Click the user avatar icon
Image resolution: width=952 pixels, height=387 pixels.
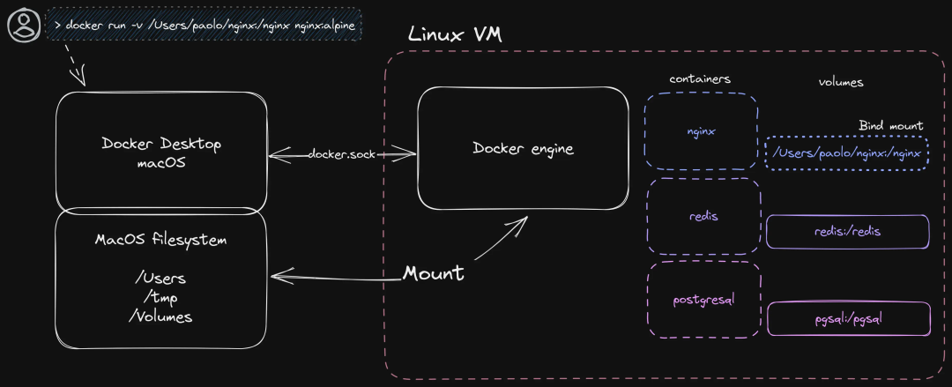pyautogui.click(x=25, y=25)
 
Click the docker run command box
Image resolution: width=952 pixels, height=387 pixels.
pyautogui.click(x=204, y=25)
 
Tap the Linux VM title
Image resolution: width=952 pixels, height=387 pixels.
pyautogui.click(x=455, y=34)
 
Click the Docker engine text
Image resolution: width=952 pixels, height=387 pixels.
pyautogui.click(x=523, y=149)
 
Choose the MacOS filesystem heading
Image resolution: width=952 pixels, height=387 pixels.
pyautogui.click(x=161, y=240)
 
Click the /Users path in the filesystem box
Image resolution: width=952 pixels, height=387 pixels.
pyautogui.click(x=160, y=279)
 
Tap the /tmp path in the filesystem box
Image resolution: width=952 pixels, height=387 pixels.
pyautogui.click(x=160, y=298)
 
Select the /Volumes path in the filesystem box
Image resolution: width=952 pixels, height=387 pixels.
pyautogui.click(x=160, y=316)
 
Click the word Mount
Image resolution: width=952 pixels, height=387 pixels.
pyautogui.click(x=434, y=272)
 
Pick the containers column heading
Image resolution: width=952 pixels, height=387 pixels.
pyautogui.click(x=700, y=79)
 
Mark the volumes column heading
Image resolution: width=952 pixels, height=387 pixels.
pyautogui.click(x=841, y=82)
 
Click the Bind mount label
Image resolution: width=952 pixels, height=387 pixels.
pyautogui.click(x=890, y=126)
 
